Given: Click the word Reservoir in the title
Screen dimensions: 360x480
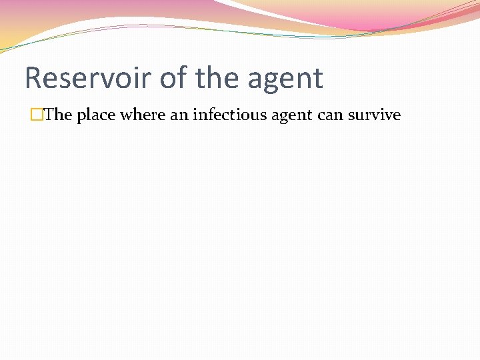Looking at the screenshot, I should tap(89, 78).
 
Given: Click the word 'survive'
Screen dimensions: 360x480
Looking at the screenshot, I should tap(374, 115).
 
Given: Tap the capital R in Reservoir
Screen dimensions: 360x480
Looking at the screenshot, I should tap(33, 78).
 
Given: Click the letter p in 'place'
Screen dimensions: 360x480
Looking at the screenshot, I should tap(81, 117).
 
